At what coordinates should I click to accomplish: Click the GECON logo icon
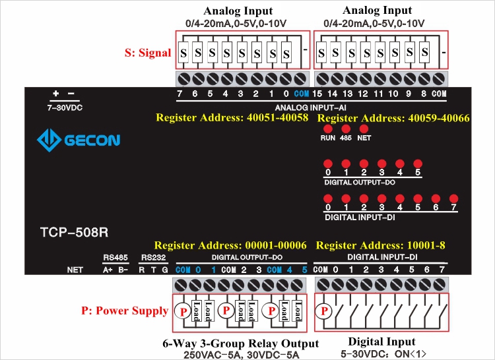[49, 140]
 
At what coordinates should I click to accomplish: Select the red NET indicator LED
[364, 129]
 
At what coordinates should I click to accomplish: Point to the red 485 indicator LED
[345, 129]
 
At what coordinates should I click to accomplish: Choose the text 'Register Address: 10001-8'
[381, 245]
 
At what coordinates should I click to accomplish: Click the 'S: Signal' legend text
[148, 53]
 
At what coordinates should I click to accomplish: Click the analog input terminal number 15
[317, 94]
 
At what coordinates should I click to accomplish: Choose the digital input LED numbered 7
[453, 198]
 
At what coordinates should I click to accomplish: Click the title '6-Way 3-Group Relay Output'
[240, 344]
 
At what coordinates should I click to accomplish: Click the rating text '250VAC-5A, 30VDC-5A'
[240, 355]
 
